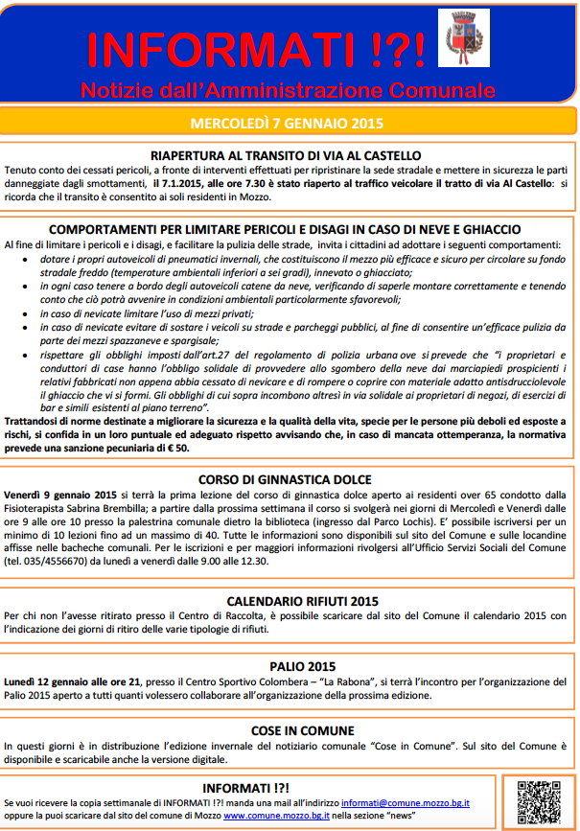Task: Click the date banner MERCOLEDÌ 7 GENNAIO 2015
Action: coord(287,123)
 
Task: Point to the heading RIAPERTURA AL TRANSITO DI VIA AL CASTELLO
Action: coord(286,155)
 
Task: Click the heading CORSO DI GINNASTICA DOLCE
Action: coord(286,480)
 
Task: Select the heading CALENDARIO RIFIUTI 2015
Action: coord(290,601)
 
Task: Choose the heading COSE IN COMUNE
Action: coord(290,729)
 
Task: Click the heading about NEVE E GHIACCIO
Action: coord(286,230)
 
